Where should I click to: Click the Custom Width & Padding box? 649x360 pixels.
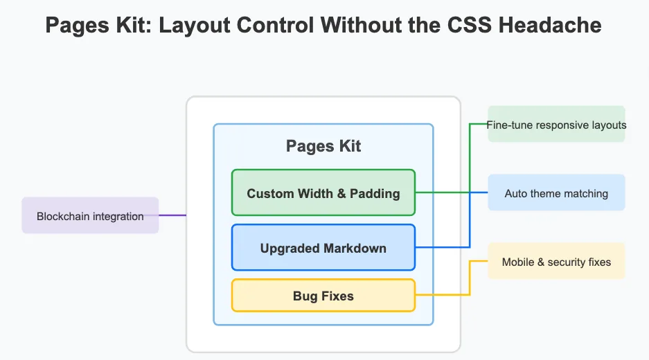[x=323, y=192]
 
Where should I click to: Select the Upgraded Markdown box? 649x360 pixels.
[x=323, y=247]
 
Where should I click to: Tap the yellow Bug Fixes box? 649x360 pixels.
[x=323, y=296]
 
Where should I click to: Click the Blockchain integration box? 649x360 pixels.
[x=90, y=215]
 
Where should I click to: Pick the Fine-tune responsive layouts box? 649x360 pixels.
[x=556, y=124]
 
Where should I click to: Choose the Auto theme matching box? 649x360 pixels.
[x=556, y=192]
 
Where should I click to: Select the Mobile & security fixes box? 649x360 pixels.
[x=556, y=261]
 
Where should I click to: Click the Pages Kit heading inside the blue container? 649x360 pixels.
[x=323, y=146]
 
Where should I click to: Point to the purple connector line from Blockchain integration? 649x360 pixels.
[x=172, y=215]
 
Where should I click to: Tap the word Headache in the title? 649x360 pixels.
[x=550, y=25]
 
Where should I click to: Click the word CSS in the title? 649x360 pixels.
[x=470, y=25]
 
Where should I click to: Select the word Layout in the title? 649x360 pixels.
[x=195, y=25]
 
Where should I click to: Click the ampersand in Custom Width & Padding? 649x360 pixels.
[x=341, y=194]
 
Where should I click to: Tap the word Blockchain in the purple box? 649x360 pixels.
[x=63, y=217]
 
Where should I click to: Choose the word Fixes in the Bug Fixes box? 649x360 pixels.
[x=338, y=296]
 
